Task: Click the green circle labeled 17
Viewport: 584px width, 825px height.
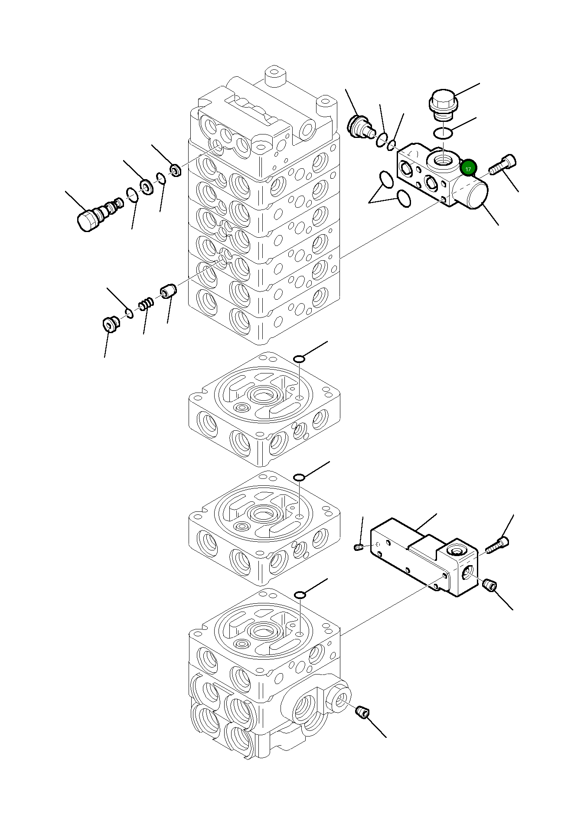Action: (x=468, y=168)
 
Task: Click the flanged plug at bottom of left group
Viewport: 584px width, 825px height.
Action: (x=111, y=324)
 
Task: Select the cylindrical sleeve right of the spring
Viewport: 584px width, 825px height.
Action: (x=168, y=291)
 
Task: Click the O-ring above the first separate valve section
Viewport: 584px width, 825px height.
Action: (x=300, y=359)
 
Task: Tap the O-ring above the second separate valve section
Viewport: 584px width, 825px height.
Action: (x=299, y=477)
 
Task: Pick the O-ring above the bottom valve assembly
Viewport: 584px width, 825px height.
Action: (x=300, y=594)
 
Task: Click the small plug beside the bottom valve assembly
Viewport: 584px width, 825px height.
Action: (x=362, y=711)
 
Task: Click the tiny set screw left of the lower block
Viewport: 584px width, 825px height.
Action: (x=358, y=547)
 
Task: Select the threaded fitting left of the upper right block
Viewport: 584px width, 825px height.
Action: (x=359, y=126)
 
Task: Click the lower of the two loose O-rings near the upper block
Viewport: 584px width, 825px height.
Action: (x=404, y=198)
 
